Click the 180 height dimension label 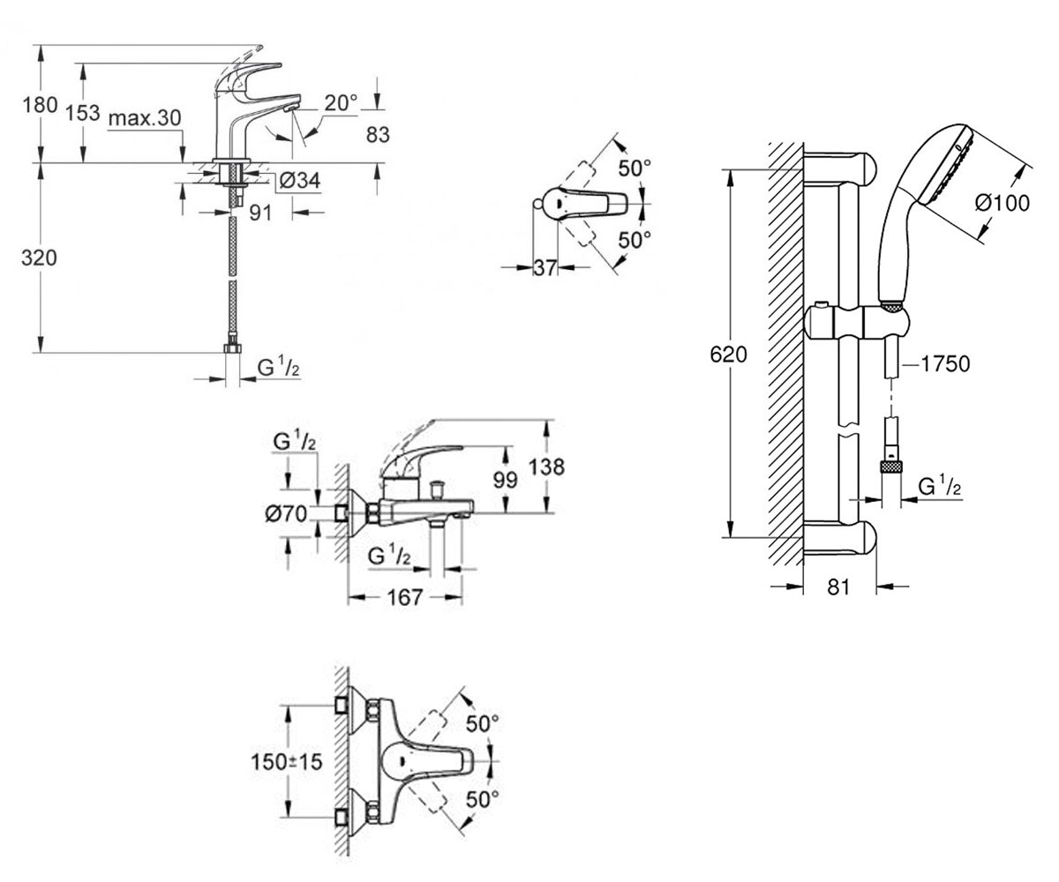[x=40, y=105]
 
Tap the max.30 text [x=145, y=118]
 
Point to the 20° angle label [x=341, y=103]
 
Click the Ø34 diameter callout [x=300, y=180]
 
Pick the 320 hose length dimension [x=39, y=258]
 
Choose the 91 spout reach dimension [x=260, y=213]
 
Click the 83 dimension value [x=378, y=135]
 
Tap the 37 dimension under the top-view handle [x=545, y=267]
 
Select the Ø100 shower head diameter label [x=1003, y=203]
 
